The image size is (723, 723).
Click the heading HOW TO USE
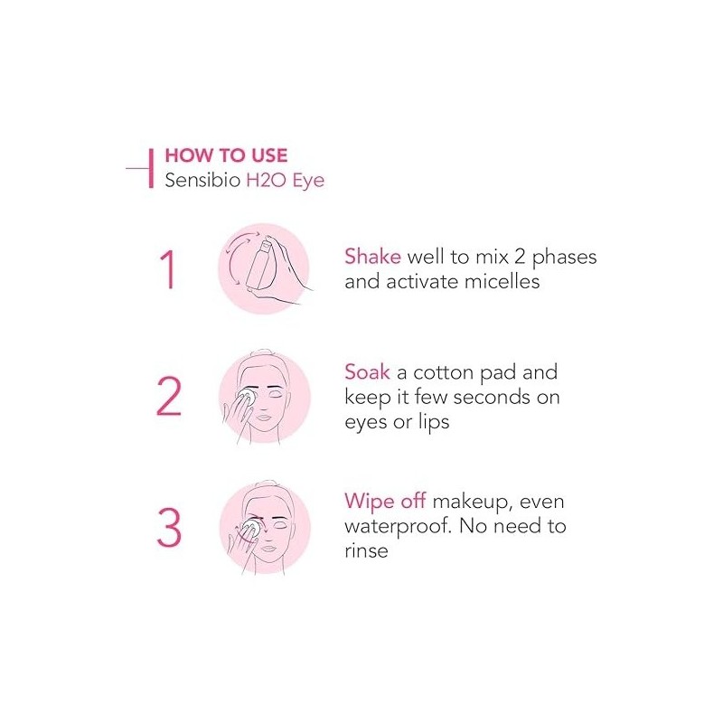click(226, 155)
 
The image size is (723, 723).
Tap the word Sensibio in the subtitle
click(202, 180)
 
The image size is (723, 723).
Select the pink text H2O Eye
click(286, 181)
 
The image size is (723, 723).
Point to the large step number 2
click(169, 397)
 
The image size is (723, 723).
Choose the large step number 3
click(169, 528)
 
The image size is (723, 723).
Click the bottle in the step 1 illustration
click(259, 264)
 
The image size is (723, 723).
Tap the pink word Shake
click(372, 257)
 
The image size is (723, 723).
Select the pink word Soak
click(367, 372)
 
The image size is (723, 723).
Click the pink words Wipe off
click(385, 502)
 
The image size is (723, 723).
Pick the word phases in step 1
click(564, 258)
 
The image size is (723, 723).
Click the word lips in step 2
click(434, 423)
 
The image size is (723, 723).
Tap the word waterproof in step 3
click(397, 527)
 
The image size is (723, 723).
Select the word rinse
click(366, 550)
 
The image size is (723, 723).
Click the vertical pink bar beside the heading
click(151, 168)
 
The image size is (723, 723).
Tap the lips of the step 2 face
click(265, 418)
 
